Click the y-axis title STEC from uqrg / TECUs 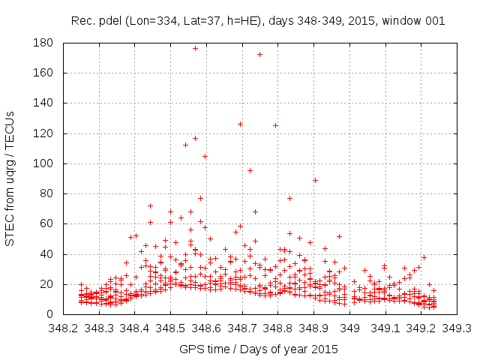click(10, 178)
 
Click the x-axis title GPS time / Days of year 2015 click(258, 349)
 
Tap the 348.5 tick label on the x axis click(170, 328)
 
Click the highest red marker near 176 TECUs click(195, 48)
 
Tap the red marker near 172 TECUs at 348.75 click(259, 54)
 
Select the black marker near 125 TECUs click(275, 125)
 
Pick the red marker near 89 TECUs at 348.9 click(315, 180)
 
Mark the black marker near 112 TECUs click(185, 145)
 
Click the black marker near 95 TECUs click(250, 170)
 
